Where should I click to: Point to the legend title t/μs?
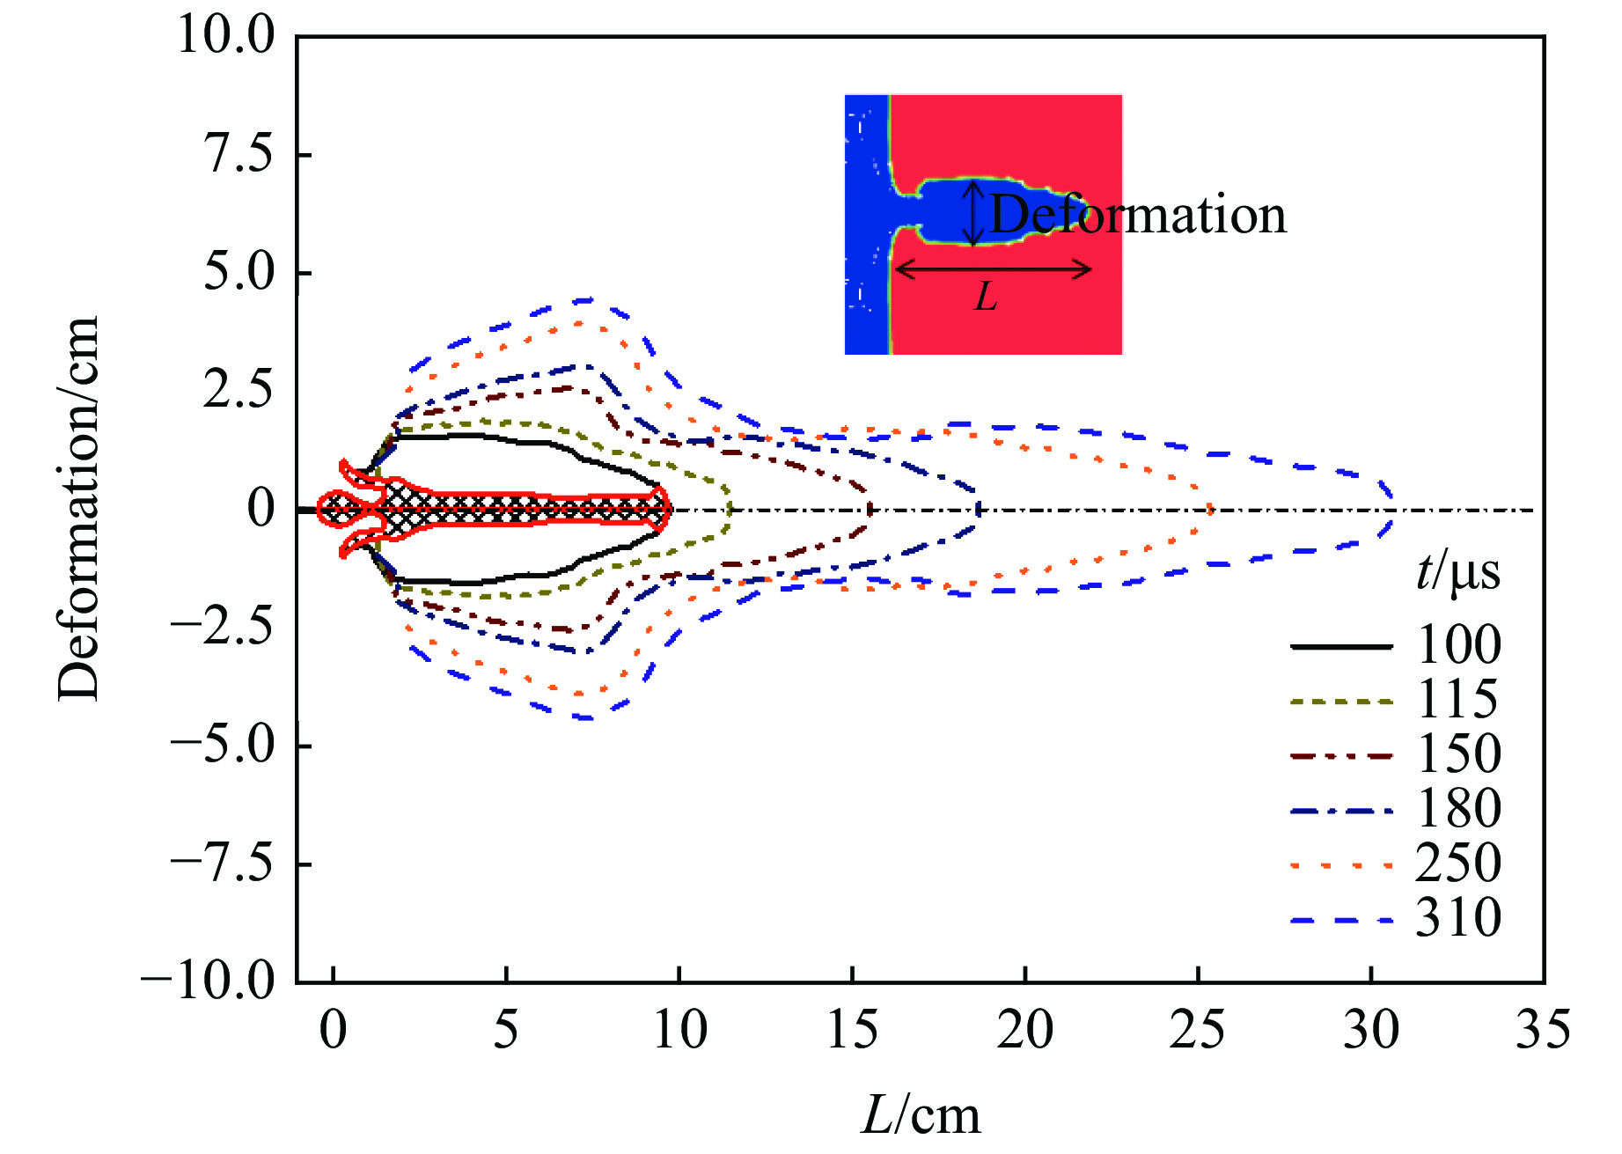click(1457, 573)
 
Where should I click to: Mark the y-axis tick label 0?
click(261, 509)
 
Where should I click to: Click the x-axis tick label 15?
click(852, 1030)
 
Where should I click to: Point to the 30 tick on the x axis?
click(1370, 1030)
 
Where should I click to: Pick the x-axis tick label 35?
click(1542, 1030)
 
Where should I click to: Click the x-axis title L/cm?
click(920, 1116)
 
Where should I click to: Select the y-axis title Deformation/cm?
click(79, 509)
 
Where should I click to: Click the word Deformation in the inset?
click(1138, 215)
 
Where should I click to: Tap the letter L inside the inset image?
click(986, 298)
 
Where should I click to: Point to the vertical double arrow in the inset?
click(972, 213)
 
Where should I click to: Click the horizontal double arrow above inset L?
click(993, 269)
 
